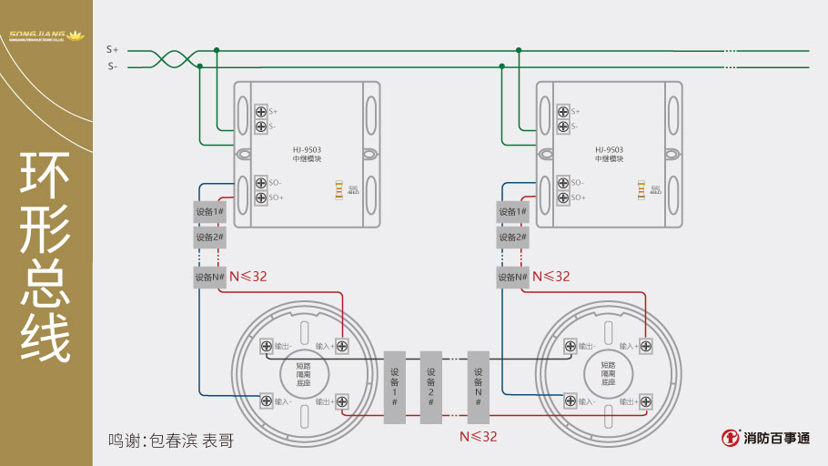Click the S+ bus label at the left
tap(112, 49)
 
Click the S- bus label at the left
tap(112, 66)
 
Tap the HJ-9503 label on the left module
tap(307, 149)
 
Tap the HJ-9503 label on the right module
tap(609, 149)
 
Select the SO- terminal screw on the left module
tap(261, 183)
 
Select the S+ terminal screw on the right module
tap(563, 111)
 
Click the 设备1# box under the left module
tap(209, 212)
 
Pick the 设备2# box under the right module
tap(512, 237)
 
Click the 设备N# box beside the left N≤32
tap(209, 277)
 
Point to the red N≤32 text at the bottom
tap(479, 437)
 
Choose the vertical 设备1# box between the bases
tap(395, 387)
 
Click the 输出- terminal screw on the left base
tap(267, 346)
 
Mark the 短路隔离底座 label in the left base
tap(304, 373)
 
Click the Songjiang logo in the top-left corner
tap(45, 36)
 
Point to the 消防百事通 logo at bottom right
tap(766, 438)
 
